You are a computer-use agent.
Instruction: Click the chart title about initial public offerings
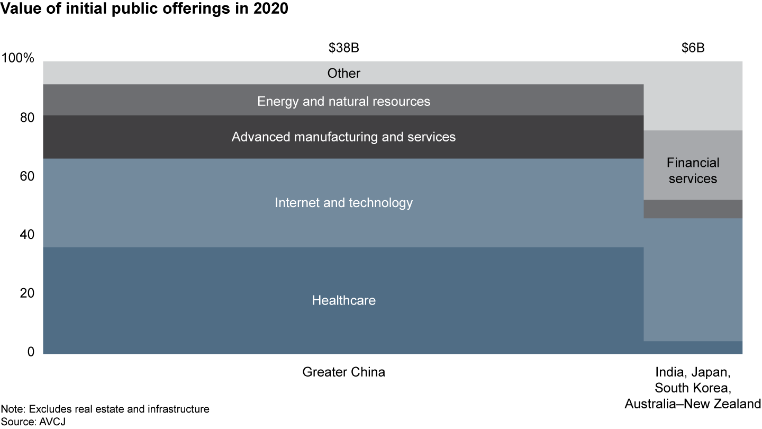pos(144,10)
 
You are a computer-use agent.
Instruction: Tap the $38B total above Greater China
pos(343,48)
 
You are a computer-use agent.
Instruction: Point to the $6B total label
pos(693,48)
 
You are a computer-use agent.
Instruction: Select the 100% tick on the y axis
pos(18,58)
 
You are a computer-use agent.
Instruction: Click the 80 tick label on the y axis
pos(26,117)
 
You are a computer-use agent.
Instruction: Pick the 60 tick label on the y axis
pos(26,176)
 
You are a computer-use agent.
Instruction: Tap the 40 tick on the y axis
pos(26,235)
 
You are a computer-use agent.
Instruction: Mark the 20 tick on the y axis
pos(26,293)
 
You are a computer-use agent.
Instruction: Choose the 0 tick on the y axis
pos(30,352)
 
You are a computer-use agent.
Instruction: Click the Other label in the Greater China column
pos(343,73)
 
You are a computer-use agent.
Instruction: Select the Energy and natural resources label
pos(343,101)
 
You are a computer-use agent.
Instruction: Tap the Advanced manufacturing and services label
pos(343,137)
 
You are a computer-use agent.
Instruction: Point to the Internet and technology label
pos(343,202)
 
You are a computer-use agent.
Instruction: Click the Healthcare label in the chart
pos(343,300)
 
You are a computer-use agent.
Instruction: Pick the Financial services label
pos(693,171)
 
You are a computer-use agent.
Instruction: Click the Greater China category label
pos(343,372)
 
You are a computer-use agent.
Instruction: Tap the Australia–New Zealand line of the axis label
pos(693,404)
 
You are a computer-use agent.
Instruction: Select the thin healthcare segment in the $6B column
pos(693,347)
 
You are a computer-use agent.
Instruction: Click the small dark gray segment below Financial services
pos(693,209)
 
